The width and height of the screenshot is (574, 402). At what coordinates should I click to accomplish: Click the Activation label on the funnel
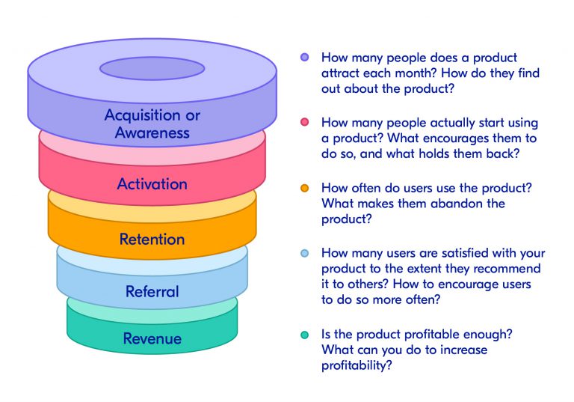[x=152, y=183]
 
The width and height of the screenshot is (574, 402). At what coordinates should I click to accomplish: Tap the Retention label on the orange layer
[x=152, y=240]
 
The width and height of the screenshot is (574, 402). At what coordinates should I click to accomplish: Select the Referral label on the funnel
[x=152, y=291]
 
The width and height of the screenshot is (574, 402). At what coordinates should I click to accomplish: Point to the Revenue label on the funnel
[x=152, y=339]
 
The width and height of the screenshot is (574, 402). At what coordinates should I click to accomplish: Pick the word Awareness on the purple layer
[x=152, y=134]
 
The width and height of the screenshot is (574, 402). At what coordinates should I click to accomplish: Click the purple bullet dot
[x=304, y=58]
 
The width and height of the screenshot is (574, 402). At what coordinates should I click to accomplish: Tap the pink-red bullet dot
[x=304, y=122]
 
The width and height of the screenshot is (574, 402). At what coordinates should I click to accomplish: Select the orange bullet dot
[x=304, y=188]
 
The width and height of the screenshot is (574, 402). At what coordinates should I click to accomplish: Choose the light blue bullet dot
[x=304, y=253]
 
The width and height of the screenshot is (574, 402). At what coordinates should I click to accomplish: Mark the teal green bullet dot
[x=304, y=335]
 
